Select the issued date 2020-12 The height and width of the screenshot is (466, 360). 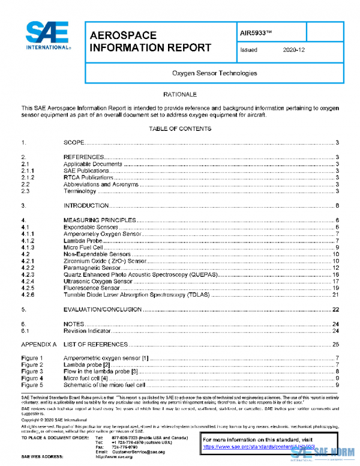point(293,50)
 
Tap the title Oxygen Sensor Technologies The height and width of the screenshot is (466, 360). point(214,73)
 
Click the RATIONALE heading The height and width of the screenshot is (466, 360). point(180,95)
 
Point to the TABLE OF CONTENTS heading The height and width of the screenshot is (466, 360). point(180,129)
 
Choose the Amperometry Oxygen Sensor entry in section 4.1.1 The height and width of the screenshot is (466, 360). point(102,233)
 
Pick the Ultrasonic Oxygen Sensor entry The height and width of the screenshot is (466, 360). point(98,281)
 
